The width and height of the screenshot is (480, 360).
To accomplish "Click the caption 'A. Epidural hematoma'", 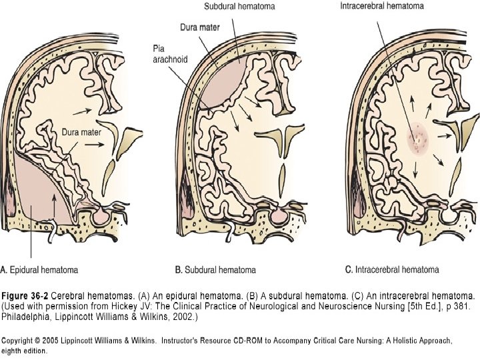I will point(39,270).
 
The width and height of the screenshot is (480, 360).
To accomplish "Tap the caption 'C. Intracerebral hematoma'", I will point(392,270).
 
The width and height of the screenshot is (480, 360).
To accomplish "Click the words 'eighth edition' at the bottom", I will point(24,350).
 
